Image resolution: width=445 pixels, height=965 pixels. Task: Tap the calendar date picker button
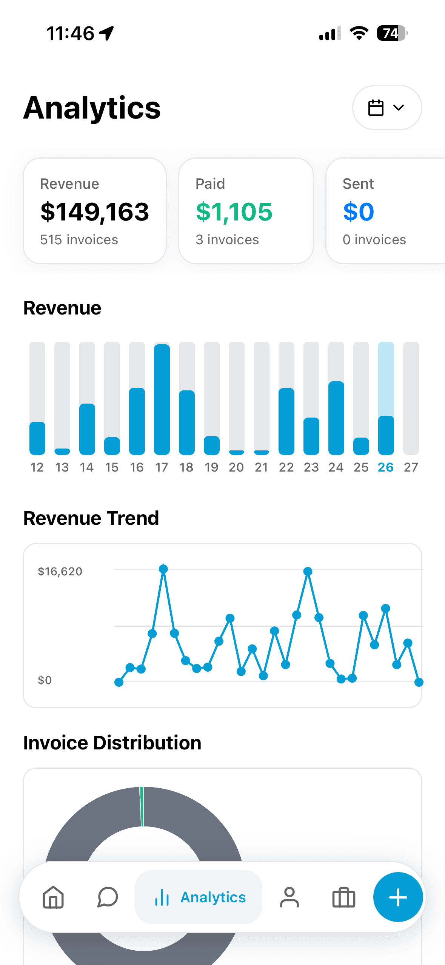(x=387, y=108)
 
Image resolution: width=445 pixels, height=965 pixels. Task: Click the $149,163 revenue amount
(x=95, y=212)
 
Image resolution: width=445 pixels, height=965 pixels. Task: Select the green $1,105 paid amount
(x=234, y=212)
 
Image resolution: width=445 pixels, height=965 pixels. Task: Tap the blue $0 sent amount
(x=358, y=212)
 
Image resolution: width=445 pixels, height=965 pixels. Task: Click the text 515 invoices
(x=79, y=240)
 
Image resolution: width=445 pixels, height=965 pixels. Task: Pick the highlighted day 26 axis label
(x=386, y=467)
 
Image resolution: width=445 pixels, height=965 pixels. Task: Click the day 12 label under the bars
(x=37, y=467)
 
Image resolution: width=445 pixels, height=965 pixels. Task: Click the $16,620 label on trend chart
(x=60, y=572)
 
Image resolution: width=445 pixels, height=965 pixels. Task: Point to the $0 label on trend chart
(x=45, y=680)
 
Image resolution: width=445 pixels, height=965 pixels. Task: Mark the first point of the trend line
(x=119, y=682)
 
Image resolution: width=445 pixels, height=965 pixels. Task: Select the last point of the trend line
(x=419, y=682)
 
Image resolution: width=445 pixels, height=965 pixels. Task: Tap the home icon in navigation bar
(x=53, y=897)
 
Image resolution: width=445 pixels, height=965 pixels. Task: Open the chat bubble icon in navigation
(x=108, y=897)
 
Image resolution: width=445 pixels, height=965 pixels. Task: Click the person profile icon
(x=289, y=897)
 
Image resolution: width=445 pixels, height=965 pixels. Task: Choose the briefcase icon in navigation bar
(x=343, y=897)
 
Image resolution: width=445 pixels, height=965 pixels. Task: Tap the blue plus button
(x=398, y=897)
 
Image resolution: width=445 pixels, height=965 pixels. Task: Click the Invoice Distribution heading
(x=112, y=743)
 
